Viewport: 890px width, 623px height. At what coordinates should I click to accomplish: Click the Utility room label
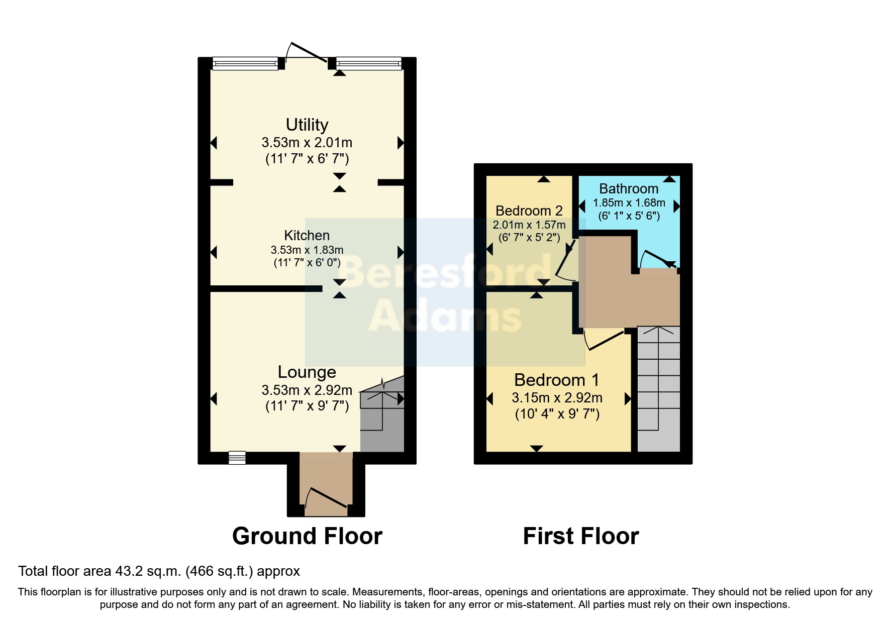(307, 125)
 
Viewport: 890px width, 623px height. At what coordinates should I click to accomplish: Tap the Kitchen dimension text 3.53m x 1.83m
(307, 250)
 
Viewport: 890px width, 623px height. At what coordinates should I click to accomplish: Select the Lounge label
(307, 372)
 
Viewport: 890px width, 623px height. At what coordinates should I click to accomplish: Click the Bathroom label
(629, 188)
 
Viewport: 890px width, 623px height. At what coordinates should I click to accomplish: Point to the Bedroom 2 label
(529, 211)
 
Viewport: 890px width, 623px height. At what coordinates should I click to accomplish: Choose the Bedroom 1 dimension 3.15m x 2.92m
(557, 398)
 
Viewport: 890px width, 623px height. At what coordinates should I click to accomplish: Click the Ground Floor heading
(307, 536)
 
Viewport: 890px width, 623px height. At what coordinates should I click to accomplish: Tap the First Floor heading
(580, 536)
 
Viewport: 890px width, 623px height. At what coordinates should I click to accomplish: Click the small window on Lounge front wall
(237, 457)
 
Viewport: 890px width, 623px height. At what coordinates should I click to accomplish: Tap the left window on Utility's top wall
(245, 63)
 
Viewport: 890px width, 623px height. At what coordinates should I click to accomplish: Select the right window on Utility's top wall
(368, 63)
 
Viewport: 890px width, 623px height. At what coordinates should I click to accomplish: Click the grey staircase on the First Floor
(658, 389)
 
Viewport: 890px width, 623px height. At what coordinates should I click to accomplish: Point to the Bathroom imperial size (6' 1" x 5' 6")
(629, 216)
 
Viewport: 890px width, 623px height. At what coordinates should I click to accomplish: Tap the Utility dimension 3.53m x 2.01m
(307, 143)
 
